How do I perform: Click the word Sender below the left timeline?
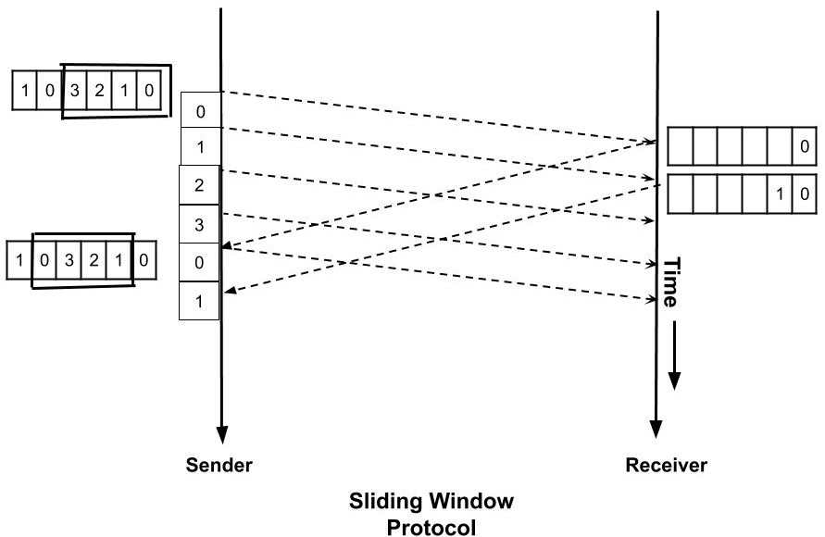pyautogui.click(x=219, y=464)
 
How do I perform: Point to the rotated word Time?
pyautogui.click(x=671, y=281)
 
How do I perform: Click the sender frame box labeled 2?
pyautogui.click(x=200, y=184)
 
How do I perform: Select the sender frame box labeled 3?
pyautogui.click(x=200, y=223)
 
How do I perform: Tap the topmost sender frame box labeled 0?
pyautogui.click(x=200, y=112)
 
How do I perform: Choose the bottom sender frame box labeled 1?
pyautogui.click(x=200, y=300)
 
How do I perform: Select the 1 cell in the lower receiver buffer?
pyautogui.click(x=781, y=194)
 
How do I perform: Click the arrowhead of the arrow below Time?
pyautogui.click(x=675, y=381)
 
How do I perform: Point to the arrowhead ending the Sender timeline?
pyautogui.click(x=221, y=432)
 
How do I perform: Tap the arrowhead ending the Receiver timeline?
pyautogui.click(x=657, y=429)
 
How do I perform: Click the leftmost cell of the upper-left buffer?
pyautogui.click(x=22, y=91)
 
